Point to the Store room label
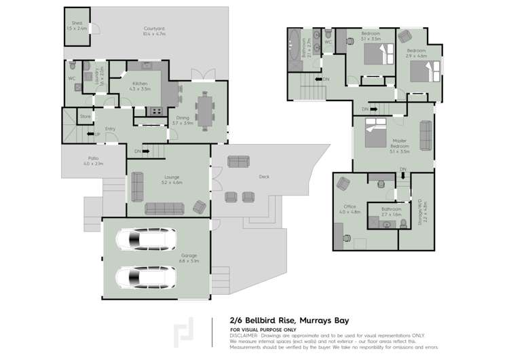point(85,117)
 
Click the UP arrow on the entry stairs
point(96,134)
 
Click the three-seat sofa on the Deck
point(238,161)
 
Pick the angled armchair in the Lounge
point(200,207)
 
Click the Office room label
point(350,207)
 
